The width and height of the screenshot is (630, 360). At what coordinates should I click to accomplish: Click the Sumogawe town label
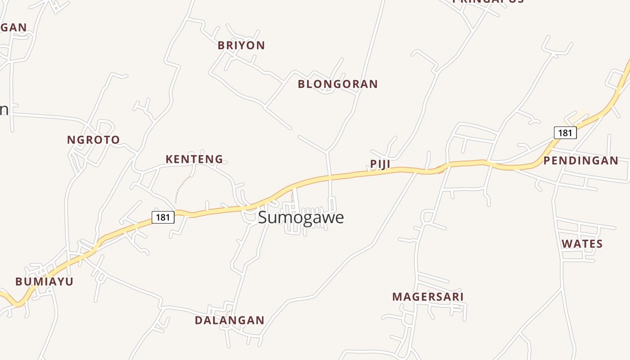[301, 217]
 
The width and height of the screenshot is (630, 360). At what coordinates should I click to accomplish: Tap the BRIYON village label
[241, 45]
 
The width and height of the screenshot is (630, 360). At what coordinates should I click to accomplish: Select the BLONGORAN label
[337, 84]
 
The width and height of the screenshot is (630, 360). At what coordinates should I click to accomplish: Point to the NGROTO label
[94, 140]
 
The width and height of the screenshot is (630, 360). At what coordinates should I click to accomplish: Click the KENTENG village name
[194, 159]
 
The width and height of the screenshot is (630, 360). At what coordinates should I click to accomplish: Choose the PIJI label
[380, 164]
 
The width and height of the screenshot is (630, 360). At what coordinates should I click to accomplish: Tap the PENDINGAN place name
[580, 161]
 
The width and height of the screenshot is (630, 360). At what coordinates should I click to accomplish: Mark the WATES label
[582, 244]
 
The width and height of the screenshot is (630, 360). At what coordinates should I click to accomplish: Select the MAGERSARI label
[427, 297]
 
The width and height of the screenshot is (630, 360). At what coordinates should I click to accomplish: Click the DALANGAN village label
[229, 320]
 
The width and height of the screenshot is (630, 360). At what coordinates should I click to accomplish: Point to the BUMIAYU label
[44, 282]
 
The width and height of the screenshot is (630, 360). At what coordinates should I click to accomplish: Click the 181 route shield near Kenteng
[163, 217]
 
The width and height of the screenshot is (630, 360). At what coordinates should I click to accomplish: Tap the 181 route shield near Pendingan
[565, 133]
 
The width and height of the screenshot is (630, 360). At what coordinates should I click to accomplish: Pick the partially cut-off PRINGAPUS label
[488, 1]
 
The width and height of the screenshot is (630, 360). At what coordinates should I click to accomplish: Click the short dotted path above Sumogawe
[292, 196]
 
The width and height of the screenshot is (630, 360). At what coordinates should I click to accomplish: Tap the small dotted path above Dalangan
[229, 311]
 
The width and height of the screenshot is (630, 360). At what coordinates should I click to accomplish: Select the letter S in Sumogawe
[263, 217]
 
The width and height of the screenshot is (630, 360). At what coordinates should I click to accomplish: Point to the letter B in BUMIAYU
[19, 282]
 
